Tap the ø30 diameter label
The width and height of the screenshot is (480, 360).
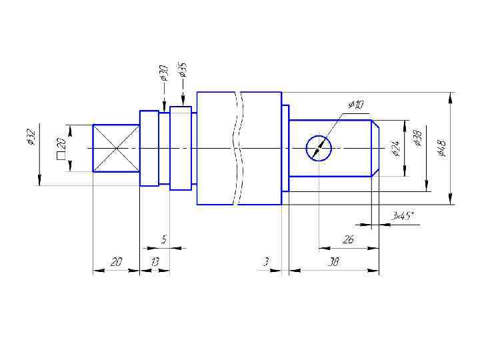pyautogui.click(x=164, y=73)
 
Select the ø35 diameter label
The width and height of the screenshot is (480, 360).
pyautogui.click(x=182, y=70)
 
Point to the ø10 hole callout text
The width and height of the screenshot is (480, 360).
pyautogui.click(x=356, y=105)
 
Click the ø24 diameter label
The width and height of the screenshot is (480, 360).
pyautogui.click(x=395, y=148)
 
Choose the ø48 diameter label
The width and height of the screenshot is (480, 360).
pyautogui.click(x=442, y=148)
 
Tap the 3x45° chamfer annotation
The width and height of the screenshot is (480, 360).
pyautogui.click(x=403, y=216)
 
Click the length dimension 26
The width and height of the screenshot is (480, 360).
pyautogui.click(x=349, y=239)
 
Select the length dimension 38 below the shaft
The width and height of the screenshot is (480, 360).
pyautogui.click(x=333, y=262)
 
